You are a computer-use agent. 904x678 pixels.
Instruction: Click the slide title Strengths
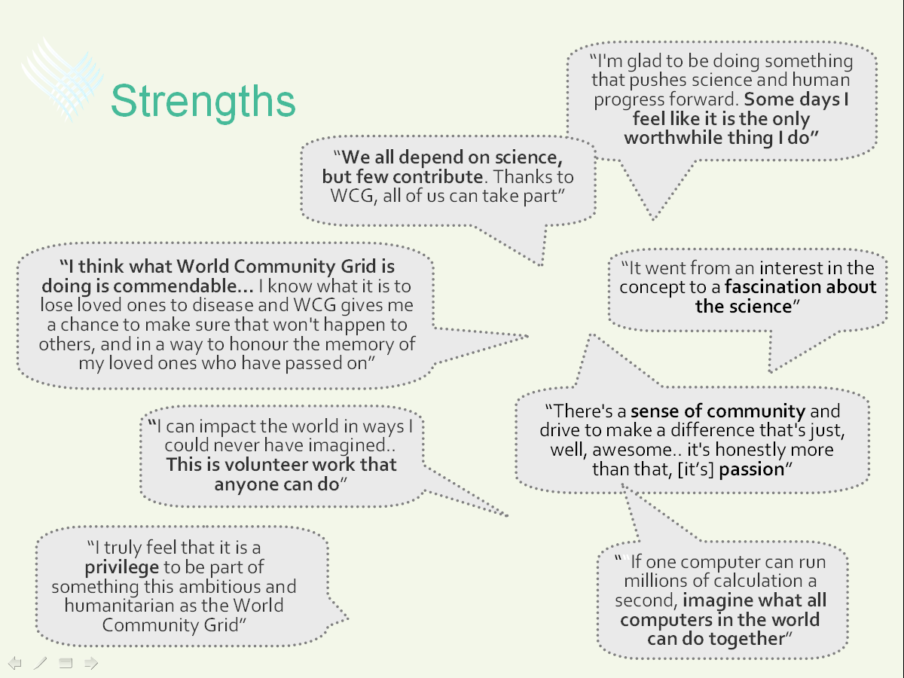pos(203,101)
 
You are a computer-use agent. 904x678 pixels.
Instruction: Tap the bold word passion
pos(752,469)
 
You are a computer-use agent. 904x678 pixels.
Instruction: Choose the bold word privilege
pos(122,568)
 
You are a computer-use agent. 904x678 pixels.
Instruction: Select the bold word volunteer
pos(266,465)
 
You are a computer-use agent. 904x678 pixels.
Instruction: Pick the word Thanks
pos(521,177)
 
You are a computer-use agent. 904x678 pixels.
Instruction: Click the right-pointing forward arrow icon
pos(91,663)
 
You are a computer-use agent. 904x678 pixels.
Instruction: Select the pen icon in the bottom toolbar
pos(41,663)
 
